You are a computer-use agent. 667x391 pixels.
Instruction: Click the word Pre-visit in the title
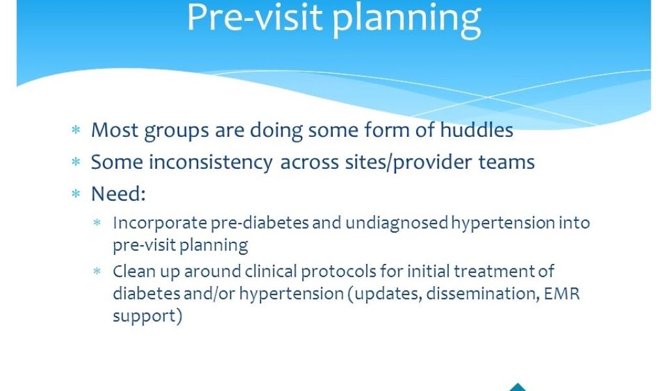pyautogui.click(x=255, y=18)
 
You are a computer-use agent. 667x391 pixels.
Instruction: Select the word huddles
pyautogui.click(x=476, y=130)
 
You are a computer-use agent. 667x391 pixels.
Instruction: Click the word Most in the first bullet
pyautogui.click(x=115, y=130)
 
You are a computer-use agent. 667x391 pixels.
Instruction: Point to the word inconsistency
pyautogui.click(x=210, y=162)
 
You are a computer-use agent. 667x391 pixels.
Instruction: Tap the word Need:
pyautogui.click(x=119, y=194)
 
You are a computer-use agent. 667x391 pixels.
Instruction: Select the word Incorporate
pyautogui.click(x=160, y=224)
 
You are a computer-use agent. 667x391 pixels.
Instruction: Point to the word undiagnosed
pyautogui.click(x=397, y=224)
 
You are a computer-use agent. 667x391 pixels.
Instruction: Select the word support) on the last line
pyautogui.click(x=147, y=317)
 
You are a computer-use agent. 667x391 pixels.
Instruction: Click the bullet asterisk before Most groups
pyautogui.click(x=76, y=130)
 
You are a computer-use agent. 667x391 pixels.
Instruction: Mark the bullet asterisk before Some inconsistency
pyautogui.click(x=76, y=162)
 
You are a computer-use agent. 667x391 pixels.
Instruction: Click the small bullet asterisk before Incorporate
pyautogui.click(x=97, y=222)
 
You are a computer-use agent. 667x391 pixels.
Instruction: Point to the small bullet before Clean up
pyautogui.click(x=97, y=271)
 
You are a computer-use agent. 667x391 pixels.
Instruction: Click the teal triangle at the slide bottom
pyautogui.click(x=518, y=388)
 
